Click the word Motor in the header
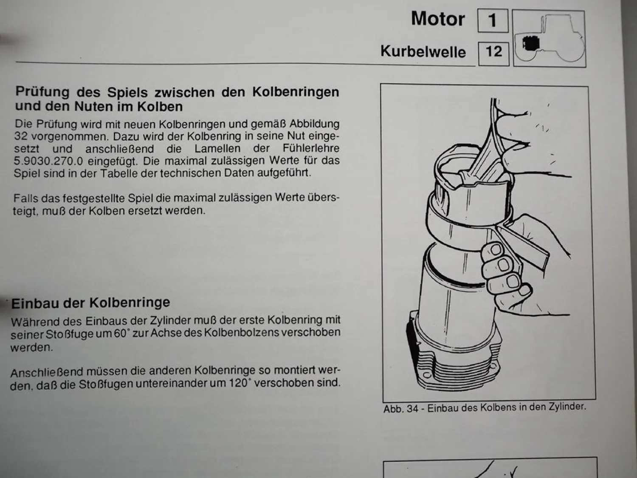(x=438, y=20)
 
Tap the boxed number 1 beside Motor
(x=493, y=20)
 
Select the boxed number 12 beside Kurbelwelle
(x=493, y=52)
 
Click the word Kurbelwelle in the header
(x=423, y=52)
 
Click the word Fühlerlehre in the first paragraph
(x=311, y=149)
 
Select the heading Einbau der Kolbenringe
(x=90, y=303)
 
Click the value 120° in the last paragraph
(x=238, y=383)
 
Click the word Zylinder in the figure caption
(x=566, y=407)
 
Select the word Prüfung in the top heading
(x=42, y=92)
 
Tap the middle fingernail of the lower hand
(x=505, y=265)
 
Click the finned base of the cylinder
(x=454, y=368)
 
